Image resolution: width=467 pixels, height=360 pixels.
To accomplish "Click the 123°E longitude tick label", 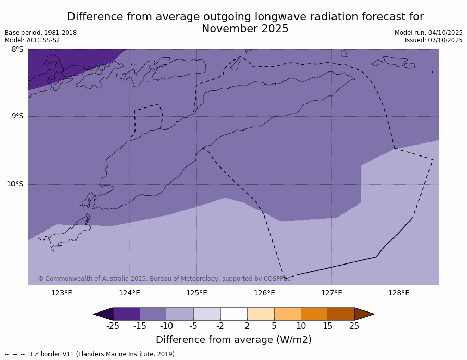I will click(62, 293).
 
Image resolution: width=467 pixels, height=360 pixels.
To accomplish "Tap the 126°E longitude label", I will click(264, 293).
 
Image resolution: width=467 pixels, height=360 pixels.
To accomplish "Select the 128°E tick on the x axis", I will click(399, 293).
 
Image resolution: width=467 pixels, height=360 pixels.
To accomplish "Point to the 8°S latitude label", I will click(17, 50).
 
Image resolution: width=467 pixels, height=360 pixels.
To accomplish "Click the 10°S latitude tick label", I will click(15, 184).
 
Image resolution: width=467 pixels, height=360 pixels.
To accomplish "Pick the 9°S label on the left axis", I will click(17, 116).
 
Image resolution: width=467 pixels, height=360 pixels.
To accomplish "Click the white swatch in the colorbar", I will click(233, 314).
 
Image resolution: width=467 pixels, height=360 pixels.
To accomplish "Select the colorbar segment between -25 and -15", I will click(126, 314).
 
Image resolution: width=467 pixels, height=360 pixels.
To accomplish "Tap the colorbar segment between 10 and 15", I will click(314, 314).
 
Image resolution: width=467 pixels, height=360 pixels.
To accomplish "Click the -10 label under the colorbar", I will click(166, 326).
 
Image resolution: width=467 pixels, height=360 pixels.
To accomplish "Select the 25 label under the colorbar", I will click(354, 326).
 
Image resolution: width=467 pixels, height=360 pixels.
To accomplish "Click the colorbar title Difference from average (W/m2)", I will click(233, 340).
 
